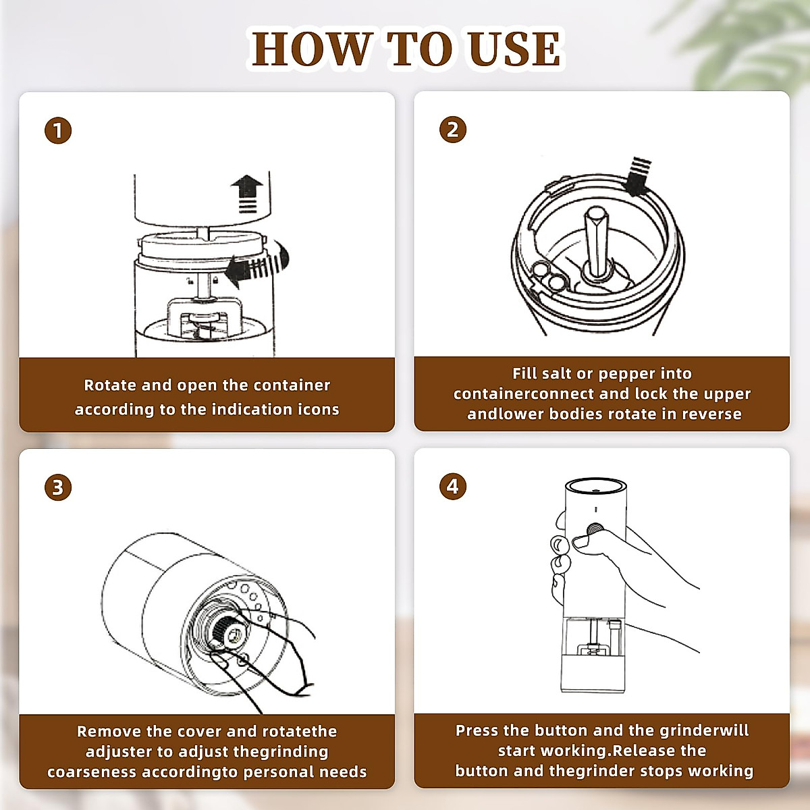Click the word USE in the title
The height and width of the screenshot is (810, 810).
point(514,49)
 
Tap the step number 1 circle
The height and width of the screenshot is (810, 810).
point(58,130)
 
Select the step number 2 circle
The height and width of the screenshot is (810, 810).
point(452,129)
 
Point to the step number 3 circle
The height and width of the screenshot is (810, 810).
point(58,487)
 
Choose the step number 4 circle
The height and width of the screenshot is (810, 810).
point(452,486)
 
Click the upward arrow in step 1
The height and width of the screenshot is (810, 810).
point(247,194)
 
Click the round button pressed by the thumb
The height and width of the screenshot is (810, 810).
point(595,531)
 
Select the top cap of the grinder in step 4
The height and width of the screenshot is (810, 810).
point(595,486)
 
